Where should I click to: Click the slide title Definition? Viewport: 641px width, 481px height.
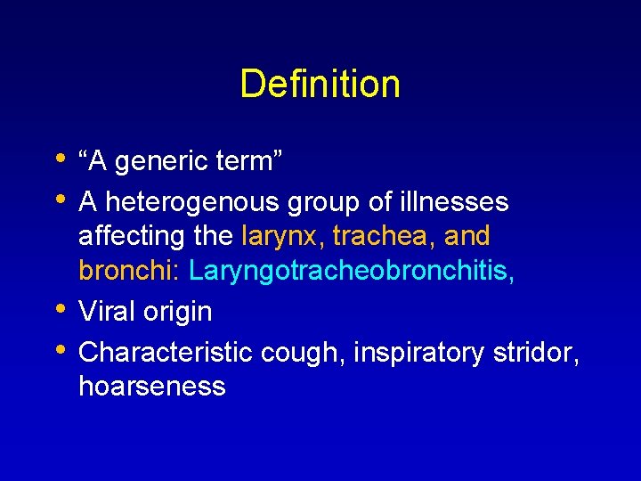(x=320, y=85)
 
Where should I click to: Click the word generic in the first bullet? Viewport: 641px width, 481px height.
(x=158, y=162)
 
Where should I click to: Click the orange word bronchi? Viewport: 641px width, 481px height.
(x=129, y=270)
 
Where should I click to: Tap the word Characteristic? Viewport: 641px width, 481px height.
(x=166, y=352)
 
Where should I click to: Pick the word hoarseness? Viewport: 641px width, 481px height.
(x=152, y=387)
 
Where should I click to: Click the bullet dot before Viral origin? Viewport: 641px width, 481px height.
(x=60, y=309)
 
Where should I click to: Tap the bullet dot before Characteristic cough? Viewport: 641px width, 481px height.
(x=60, y=348)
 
